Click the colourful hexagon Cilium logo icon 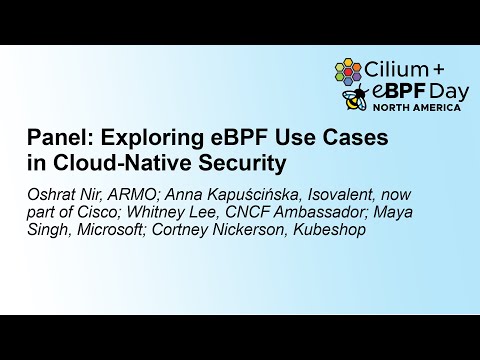coord(348,71)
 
